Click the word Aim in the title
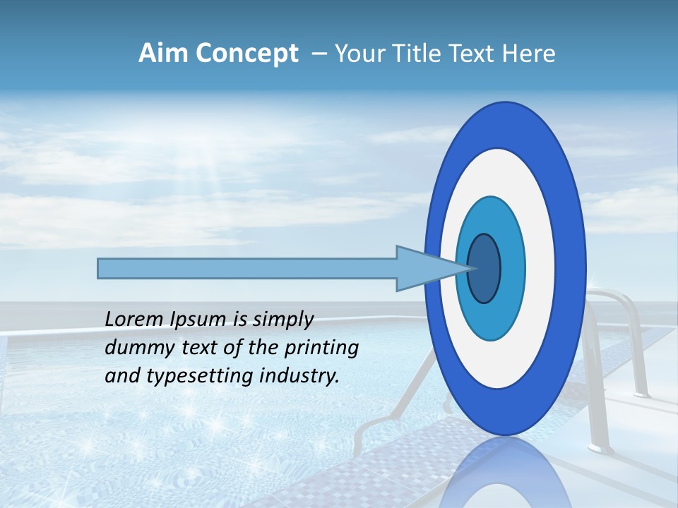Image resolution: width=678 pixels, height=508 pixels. click(x=161, y=54)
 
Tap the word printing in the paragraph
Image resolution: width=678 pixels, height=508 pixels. click(x=321, y=347)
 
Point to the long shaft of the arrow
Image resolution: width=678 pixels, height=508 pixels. click(x=247, y=269)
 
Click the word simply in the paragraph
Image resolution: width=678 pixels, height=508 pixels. click(x=282, y=320)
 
